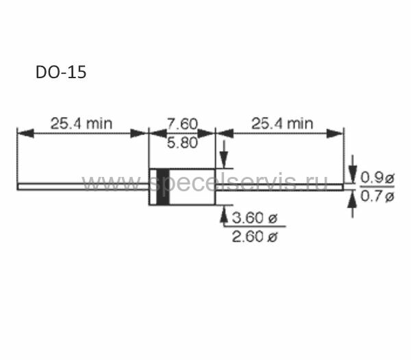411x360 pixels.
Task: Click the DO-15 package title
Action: click(x=61, y=72)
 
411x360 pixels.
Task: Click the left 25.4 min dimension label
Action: click(x=82, y=123)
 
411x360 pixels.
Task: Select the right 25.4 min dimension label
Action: click(x=282, y=123)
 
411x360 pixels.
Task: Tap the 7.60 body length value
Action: click(x=182, y=124)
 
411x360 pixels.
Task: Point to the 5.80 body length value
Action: click(x=182, y=143)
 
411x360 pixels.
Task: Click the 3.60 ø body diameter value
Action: click(x=254, y=218)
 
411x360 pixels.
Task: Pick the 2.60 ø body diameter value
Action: click(x=254, y=237)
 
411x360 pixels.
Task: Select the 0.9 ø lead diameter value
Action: click(x=377, y=178)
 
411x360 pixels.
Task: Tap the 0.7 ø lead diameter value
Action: click(x=377, y=196)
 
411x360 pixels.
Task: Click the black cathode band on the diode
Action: click(x=162, y=187)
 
